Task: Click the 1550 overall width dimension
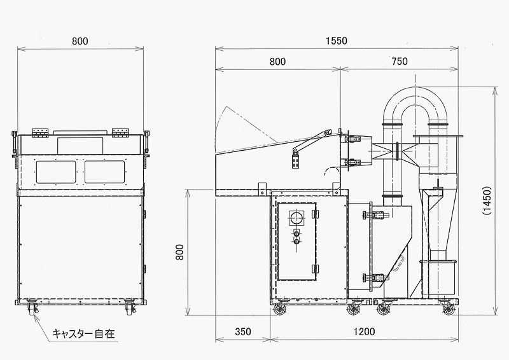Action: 337,41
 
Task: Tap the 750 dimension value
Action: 400,61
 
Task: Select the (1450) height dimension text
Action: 487,200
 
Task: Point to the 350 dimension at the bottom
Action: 243,331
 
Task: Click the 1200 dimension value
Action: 364,331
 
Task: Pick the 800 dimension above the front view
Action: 80,41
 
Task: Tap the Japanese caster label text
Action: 84,333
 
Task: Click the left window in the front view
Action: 56,172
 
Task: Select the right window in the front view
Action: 105,172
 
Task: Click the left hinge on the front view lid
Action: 40,132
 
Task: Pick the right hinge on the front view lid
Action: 121,132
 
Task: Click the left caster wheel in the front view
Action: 32,307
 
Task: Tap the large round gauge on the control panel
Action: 296,218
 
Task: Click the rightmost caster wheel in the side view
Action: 449,309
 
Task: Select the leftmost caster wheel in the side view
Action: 280,309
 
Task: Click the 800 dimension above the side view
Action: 277,61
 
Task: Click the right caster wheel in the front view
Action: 129,307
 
